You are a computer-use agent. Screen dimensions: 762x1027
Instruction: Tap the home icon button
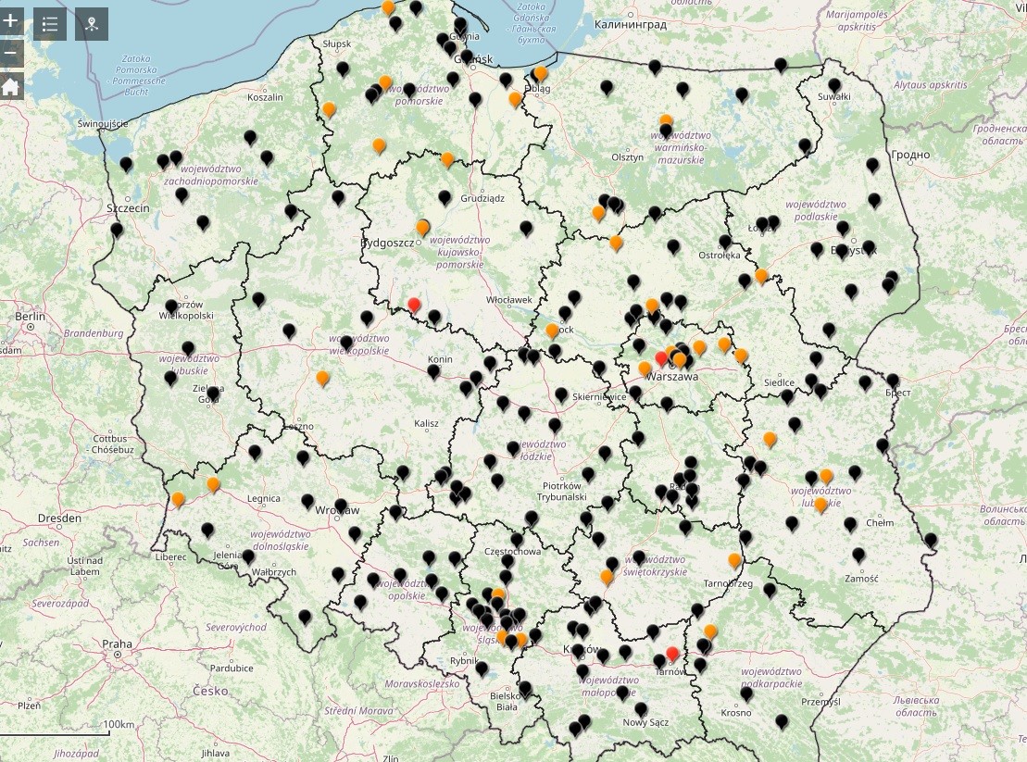(10, 87)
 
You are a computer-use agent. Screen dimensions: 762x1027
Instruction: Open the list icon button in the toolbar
(50, 24)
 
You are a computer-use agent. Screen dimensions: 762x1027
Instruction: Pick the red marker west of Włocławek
(414, 304)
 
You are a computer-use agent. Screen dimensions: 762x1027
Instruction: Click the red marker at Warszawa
(661, 358)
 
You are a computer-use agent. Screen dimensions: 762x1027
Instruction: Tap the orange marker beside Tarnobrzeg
(734, 559)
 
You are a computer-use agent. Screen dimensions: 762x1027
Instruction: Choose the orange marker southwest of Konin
(322, 377)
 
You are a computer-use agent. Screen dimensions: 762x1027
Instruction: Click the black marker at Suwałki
(834, 85)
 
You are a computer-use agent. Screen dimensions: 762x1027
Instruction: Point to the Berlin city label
(30, 316)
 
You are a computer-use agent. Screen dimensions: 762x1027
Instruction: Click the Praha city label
(118, 643)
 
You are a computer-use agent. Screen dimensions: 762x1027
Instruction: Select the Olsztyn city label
(627, 157)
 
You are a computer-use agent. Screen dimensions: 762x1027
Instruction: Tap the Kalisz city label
(426, 423)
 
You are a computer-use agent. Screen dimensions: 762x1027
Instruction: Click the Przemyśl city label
(820, 701)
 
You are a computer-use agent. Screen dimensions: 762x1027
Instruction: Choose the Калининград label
(631, 25)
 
